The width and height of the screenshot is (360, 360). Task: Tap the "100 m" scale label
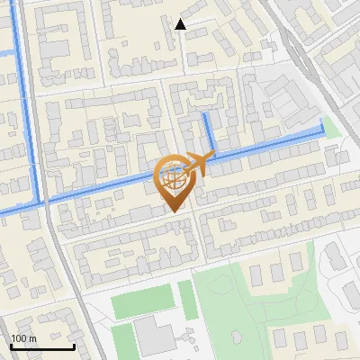(x=23, y=338)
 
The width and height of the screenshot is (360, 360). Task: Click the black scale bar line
(x=42, y=346)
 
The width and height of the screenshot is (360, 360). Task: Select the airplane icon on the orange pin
(x=200, y=163)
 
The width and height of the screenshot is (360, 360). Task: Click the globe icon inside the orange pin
(x=174, y=176)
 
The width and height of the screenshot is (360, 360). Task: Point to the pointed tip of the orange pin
(x=175, y=211)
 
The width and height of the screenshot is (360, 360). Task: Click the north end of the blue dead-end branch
(x=206, y=116)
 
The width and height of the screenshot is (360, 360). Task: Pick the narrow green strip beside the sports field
(x=186, y=299)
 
